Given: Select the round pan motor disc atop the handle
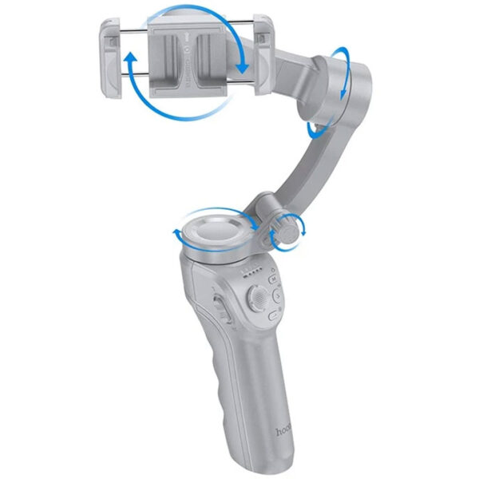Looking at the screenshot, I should pos(216,232).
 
